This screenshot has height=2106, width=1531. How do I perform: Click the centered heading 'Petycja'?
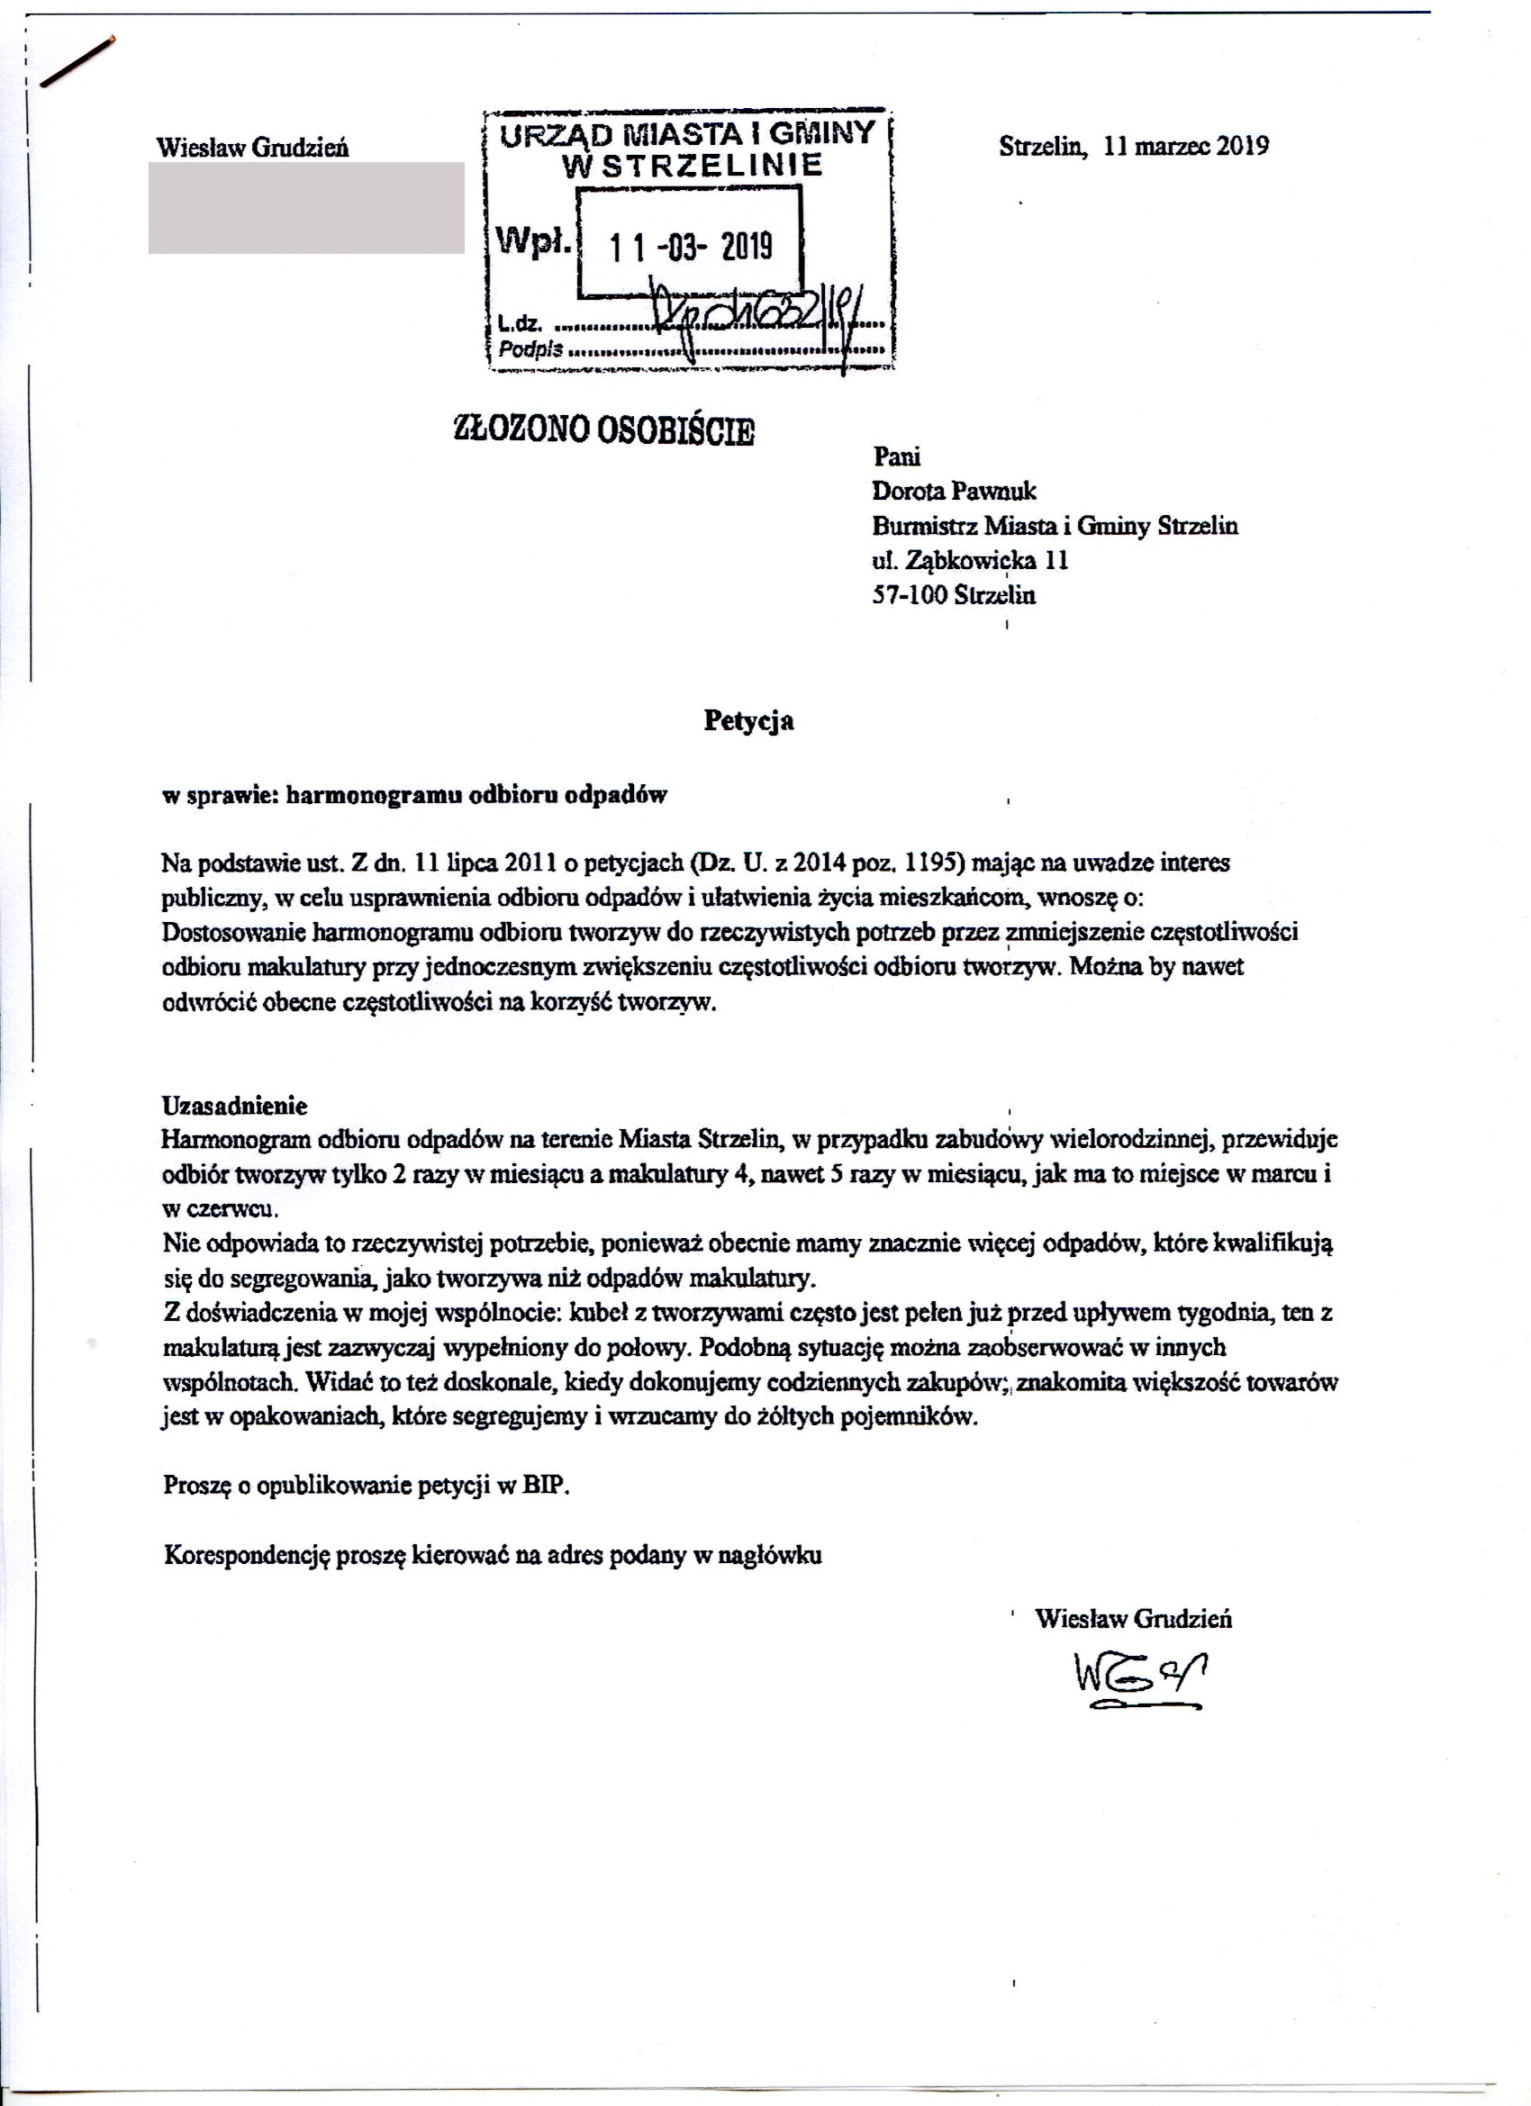(x=748, y=721)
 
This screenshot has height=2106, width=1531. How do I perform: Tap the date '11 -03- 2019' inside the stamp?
(x=690, y=247)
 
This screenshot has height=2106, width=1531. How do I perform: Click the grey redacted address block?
(x=306, y=208)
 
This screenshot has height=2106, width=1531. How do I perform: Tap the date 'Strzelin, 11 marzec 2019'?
(x=1133, y=147)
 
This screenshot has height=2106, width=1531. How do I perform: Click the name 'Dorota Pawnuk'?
(x=954, y=492)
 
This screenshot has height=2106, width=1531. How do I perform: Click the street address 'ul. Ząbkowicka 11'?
(x=970, y=561)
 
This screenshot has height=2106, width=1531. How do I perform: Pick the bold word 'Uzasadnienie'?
(x=234, y=1105)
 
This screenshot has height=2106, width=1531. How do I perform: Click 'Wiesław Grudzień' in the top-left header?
(x=253, y=148)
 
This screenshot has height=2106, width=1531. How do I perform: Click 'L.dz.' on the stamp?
(x=520, y=324)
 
